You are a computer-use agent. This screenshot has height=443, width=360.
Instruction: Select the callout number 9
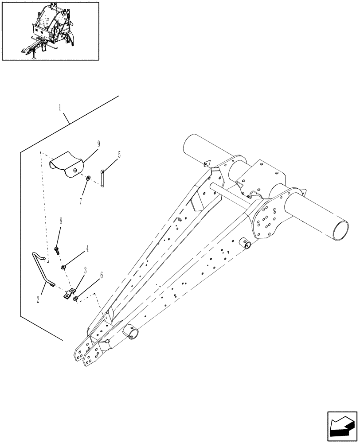[98, 143]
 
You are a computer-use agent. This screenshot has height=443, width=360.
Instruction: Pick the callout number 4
[87, 249]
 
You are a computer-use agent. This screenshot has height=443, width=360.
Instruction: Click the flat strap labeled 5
[102, 178]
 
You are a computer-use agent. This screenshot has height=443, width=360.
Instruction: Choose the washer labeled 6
[76, 299]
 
